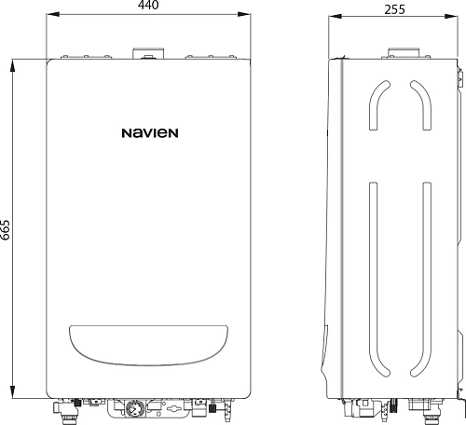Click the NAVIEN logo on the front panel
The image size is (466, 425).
point(149,133)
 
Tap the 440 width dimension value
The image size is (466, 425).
point(149,7)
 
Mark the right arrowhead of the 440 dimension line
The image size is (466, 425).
point(247,16)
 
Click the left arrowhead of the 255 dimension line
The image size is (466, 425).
point(335,16)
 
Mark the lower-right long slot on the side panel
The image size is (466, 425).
point(426,280)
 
